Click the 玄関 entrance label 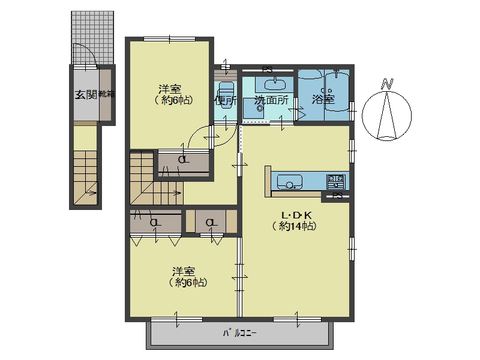coord(86,95)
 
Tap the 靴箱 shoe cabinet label coord(106,94)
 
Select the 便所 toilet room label coord(226,100)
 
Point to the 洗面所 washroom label coord(271,100)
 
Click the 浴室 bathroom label coord(323,99)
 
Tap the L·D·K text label coord(296,215)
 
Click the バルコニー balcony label coord(239,333)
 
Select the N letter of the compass coord(387,84)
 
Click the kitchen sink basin coord(290,182)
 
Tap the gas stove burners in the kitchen coord(336,182)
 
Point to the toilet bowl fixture coord(226,91)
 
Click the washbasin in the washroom coord(275,83)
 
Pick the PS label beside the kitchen coord(338,196)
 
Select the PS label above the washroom coord(267,70)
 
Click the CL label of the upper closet coord(184,160)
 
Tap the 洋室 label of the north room coord(170,89)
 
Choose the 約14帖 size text coord(295,226)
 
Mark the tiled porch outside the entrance coord(92,38)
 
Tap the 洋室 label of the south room coord(184,272)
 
